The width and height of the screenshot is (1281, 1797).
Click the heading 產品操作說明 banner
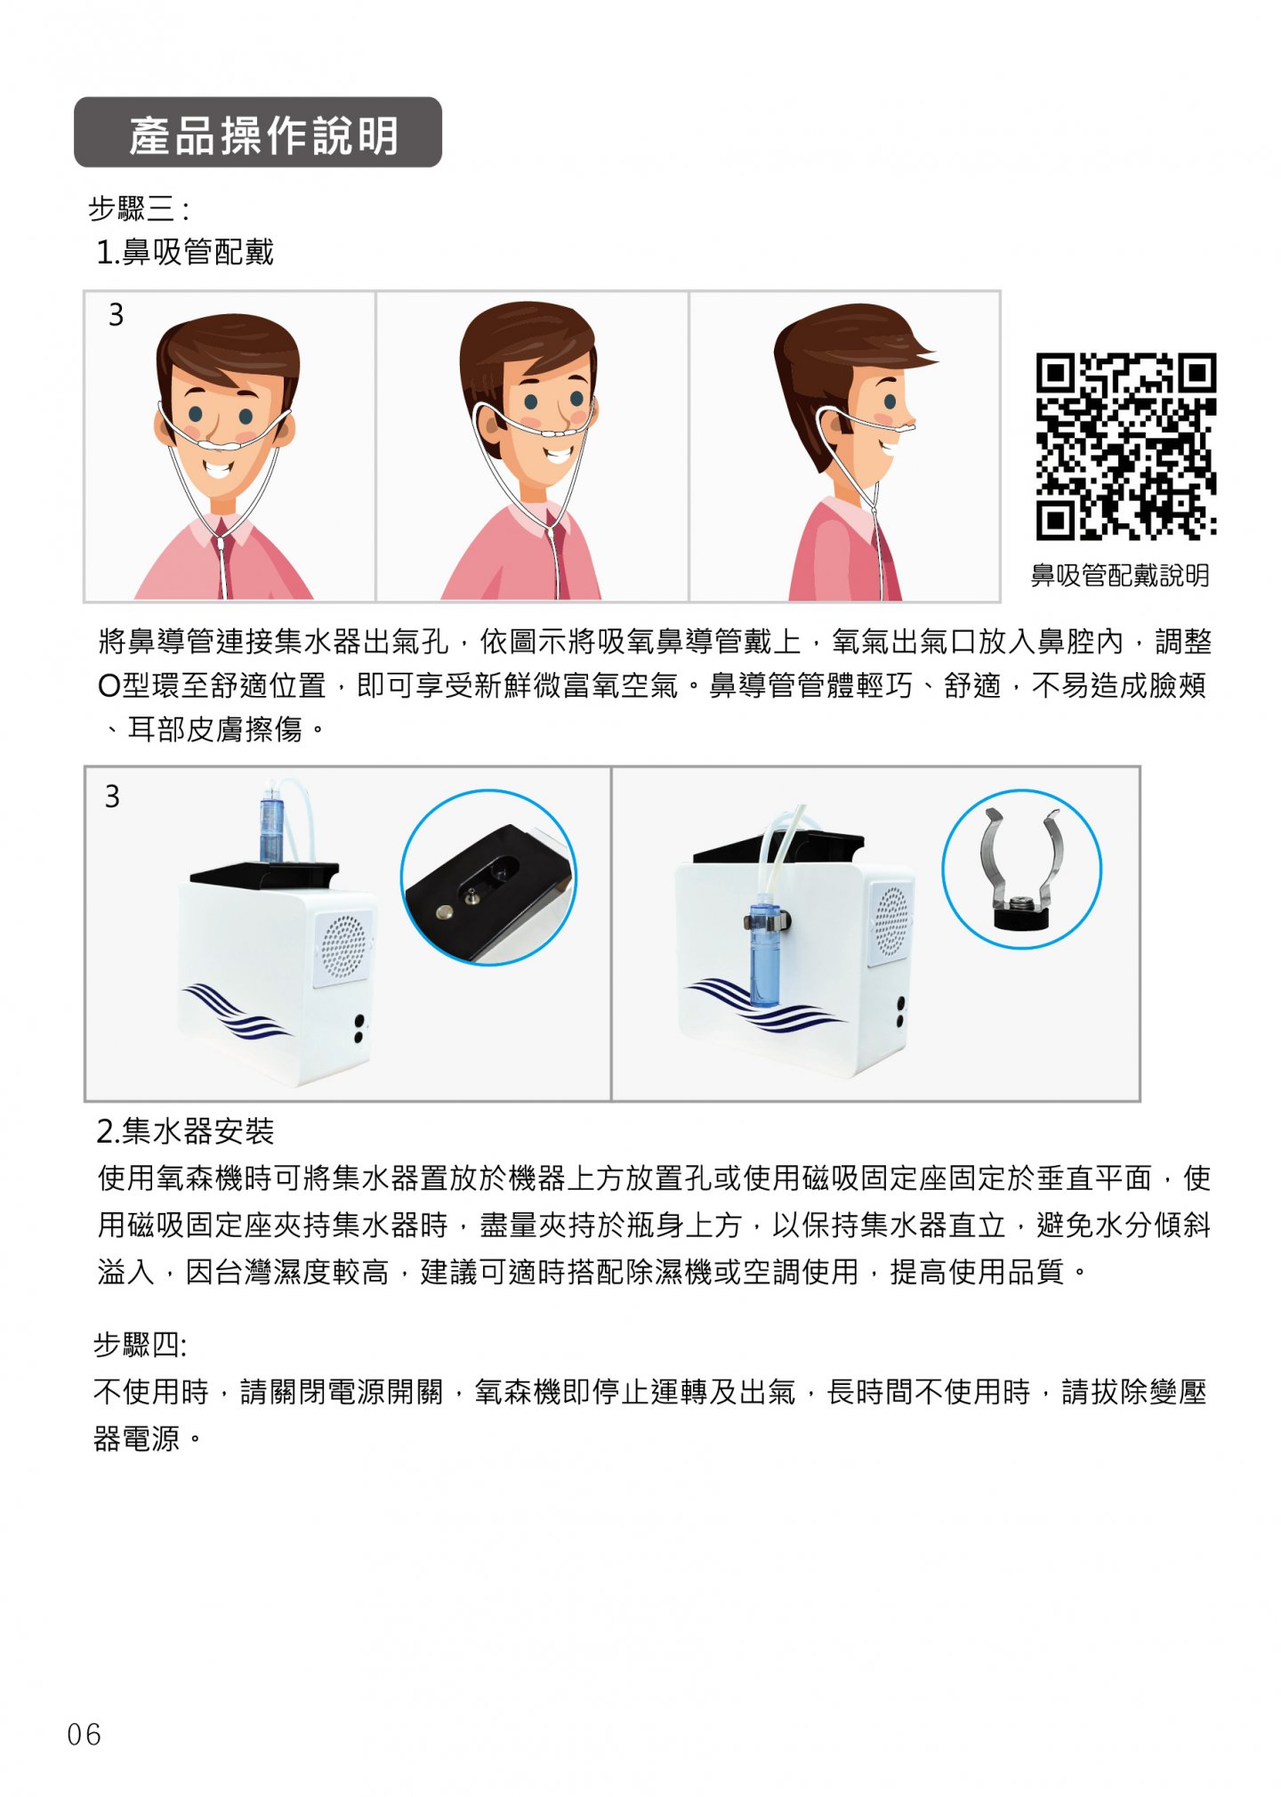coord(258,132)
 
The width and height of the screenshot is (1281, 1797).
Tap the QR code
coord(1125,446)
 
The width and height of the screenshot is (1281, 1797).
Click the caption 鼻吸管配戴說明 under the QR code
coord(1120,575)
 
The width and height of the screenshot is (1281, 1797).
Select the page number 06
coord(85,1734)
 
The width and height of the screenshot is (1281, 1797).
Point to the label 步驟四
coord(140,1344)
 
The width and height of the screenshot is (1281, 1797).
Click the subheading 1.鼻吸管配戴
coord(185,253)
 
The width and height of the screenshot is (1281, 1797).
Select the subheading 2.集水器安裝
coord(185,1131)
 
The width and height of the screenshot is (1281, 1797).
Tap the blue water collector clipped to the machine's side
coord(763,951)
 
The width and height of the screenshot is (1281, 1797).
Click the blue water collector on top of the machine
coord(271,823)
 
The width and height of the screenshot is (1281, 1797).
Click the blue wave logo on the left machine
coord(236,1011)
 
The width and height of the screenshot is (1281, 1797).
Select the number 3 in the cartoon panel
coord(116,314)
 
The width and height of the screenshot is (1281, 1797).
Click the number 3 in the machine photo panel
coord(112,796)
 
